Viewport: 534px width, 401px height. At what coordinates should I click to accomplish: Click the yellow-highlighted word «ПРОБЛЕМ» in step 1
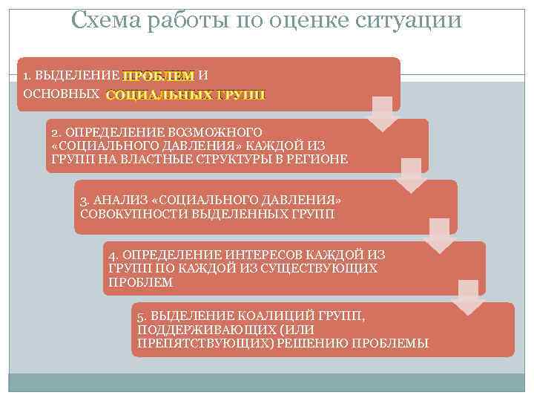tap(159, 76)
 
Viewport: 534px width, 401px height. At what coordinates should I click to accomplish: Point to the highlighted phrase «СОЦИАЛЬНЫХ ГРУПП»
tap(185, 95)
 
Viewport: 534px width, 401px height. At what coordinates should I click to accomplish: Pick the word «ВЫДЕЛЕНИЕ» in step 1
tap(77, 76)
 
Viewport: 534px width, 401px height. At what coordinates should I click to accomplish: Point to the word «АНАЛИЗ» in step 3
tap(115, 201)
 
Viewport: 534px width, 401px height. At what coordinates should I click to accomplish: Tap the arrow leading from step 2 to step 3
tap(412, 175)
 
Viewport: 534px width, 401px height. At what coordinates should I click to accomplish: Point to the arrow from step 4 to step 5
tap(469, 297)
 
